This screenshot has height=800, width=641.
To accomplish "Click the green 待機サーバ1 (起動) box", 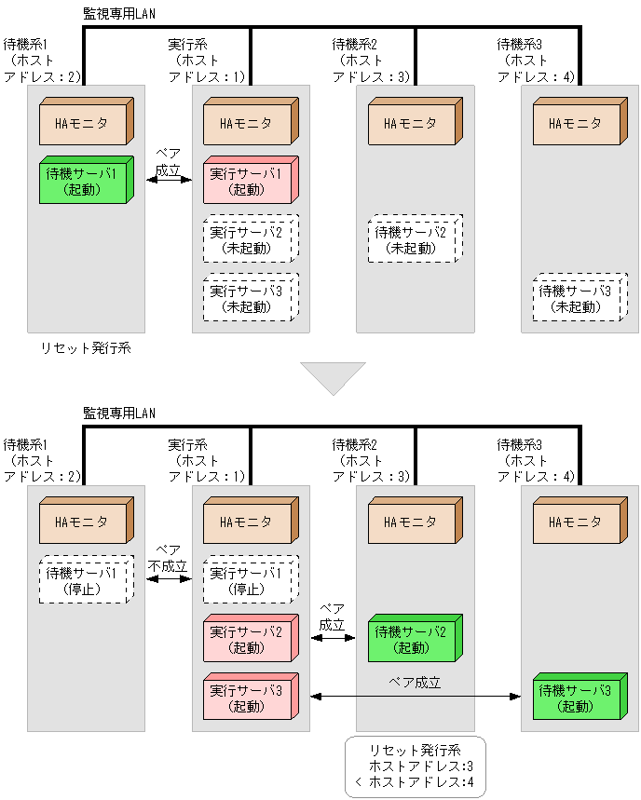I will click(x=83, y=181).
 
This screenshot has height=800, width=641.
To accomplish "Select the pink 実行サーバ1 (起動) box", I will click(x=247, y=181).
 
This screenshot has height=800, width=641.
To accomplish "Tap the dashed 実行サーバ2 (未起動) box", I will click(x=247, y=240).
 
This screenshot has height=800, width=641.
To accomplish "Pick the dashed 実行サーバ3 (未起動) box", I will click(x=247, y=299).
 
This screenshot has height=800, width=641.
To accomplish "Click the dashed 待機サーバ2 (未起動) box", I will click(x=412, y=240).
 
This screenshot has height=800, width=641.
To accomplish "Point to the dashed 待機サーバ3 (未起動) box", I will click(x=577, y=299).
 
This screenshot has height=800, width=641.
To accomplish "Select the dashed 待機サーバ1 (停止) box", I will click(x=83, y=580).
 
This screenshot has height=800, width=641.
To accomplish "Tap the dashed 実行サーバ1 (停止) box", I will click(x=247, y=580).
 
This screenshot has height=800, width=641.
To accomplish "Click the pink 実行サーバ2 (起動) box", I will click(x=247, y=640).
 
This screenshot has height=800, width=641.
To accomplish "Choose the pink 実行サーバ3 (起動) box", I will click(x=247, y=698).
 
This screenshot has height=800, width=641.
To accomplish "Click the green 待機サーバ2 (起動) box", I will click(x=412, y=640).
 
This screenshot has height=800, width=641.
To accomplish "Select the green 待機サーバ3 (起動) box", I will click(x=577, y=698).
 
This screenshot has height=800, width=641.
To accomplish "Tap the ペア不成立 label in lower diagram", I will click(x=168, y=558).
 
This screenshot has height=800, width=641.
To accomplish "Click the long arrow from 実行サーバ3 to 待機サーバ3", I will click(x=415, y=696).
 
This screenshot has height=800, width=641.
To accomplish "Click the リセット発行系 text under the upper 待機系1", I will click(x=85, y=348).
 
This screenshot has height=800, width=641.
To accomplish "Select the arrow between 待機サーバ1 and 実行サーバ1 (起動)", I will click(x=168, y=180).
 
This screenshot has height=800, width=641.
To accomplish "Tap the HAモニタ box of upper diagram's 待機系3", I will click(x=577, y=123).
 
